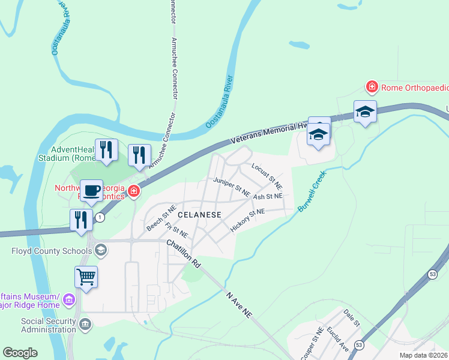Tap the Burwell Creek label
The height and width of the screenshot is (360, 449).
pos(312,191)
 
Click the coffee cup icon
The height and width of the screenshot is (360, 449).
pos(91,191)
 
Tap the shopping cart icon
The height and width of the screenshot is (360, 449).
pos(86,277)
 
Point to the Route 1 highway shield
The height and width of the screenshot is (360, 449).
pos(100,217)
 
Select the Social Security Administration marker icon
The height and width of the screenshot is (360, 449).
pos(86,325)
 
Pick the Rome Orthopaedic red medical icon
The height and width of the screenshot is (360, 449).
pos(372,88)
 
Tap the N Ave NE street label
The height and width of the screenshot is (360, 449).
pos(238,306)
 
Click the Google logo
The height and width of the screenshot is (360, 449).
pos(20,353)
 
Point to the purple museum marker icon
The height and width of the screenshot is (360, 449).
pos(69,299)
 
